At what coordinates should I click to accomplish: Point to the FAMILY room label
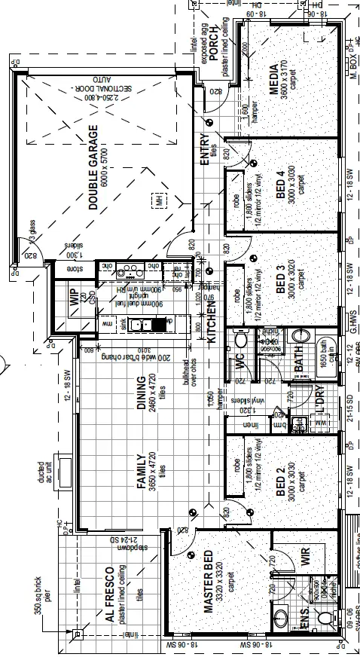(x=139, y=472)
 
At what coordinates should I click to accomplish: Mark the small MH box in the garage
(x=158, y=200)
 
